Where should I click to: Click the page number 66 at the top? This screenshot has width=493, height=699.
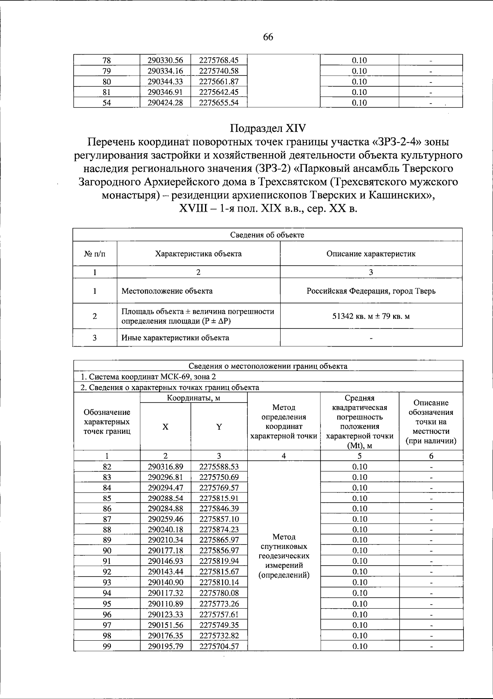(x=267, y=37)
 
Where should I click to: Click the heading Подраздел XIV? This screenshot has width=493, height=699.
(x=267, y=129)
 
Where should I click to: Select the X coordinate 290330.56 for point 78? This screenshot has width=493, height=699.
(x=165, y=60)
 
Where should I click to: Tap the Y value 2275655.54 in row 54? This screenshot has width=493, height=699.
(x=219, y=103)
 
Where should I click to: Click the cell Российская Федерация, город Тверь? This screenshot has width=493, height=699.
(x=371, y=291)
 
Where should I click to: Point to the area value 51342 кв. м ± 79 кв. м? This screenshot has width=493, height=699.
(x=371, y=316)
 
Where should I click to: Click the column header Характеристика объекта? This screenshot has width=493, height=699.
(x=198, y=253)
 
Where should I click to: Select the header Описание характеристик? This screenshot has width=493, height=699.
(x=371, y=253)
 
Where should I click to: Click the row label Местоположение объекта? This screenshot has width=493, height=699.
(x=167, y=291)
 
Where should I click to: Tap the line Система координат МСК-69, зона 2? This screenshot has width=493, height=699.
(x=148, y=377)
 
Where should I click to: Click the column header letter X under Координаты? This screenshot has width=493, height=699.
(x=165, y=427)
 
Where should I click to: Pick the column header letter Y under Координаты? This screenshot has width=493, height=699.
(x=219, y=427)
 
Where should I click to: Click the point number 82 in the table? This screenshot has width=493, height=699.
(x=107, y=467)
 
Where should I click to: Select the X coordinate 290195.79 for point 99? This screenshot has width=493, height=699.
(x=165, y=646)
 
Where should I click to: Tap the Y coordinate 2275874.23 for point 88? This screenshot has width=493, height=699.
(x=219, y=530)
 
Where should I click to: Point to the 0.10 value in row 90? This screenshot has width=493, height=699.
(x=359, y=551)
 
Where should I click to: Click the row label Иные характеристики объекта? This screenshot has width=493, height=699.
(x=175, y=338)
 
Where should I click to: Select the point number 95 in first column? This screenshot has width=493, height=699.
(x=107, y=604)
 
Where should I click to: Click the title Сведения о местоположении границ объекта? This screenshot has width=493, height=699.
(x=267, y=366)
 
